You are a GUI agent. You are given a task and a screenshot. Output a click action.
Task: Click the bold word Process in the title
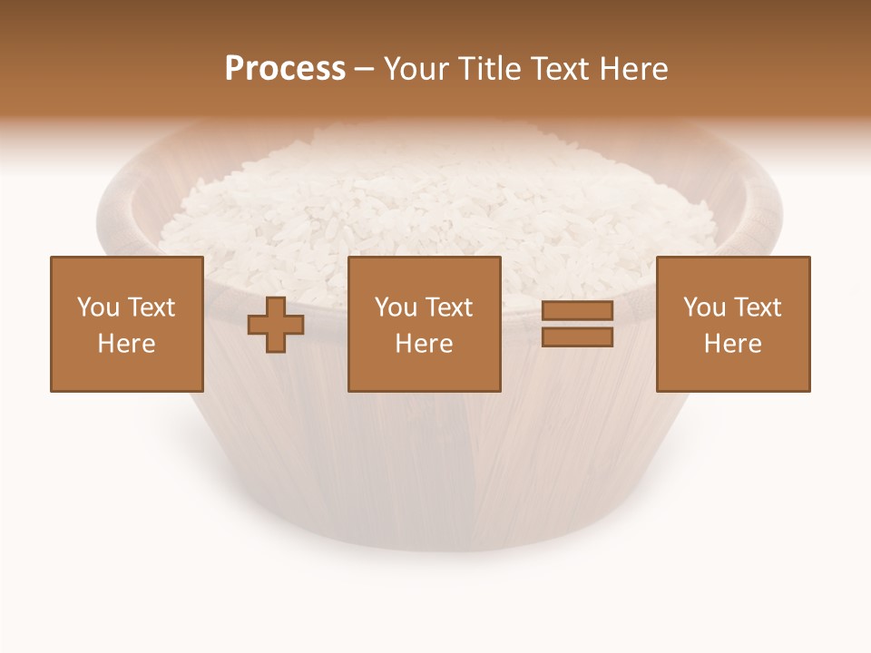tap(285, 69)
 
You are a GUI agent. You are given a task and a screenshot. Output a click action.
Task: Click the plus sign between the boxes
tap(276, 325)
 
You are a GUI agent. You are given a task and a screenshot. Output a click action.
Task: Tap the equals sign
tap(577, 324)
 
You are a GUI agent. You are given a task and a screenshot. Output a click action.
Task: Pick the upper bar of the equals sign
tap(577, 311)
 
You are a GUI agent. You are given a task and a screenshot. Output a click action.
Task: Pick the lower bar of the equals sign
tap(577, 336)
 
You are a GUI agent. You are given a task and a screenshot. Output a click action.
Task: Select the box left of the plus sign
tap(127, 324)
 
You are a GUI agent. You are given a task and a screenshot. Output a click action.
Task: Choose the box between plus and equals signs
tap(425, 324)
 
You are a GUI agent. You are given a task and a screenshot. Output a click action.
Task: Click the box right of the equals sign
tap(733, 324)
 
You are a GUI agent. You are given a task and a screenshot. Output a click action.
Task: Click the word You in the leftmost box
tap(98, 307)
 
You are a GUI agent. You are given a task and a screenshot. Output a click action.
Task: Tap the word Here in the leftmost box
tap(127, 344)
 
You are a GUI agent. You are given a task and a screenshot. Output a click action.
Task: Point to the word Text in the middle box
tap(449, 307)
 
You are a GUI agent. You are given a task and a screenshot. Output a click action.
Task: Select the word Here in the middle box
tap(425, 344)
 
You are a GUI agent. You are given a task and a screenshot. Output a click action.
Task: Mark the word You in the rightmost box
tap(704, 307)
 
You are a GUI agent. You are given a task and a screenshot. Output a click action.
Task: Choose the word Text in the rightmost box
tap(758, 307)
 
